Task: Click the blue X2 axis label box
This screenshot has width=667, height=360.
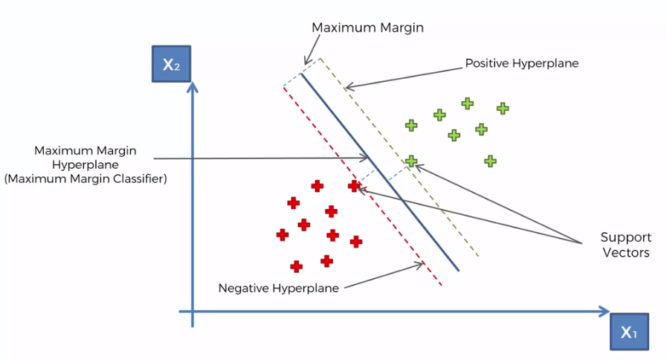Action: tap(172, 65)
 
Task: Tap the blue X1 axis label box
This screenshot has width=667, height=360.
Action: tap(629, 332)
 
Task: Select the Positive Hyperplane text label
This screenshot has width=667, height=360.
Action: tap(521, 63)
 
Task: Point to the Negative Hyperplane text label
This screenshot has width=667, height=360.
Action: tap(278, 288)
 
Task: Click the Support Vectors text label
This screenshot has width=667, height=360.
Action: tap(625, 245)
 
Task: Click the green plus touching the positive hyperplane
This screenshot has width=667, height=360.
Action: tap(411, 161)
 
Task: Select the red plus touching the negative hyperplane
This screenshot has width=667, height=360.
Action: tap(354, 186)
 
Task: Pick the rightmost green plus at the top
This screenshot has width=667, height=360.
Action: tap(503, 108)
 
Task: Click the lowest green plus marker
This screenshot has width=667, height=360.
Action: tap(489, 161)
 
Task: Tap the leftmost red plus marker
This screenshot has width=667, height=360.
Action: tap(282, 235)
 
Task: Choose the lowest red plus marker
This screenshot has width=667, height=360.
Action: tap(296, 266)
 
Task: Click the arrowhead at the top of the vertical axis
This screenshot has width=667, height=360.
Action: tap(193, 87)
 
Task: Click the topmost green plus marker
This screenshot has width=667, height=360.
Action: tap(467, 103)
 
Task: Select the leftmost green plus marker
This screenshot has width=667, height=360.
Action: tap(411, 125)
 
